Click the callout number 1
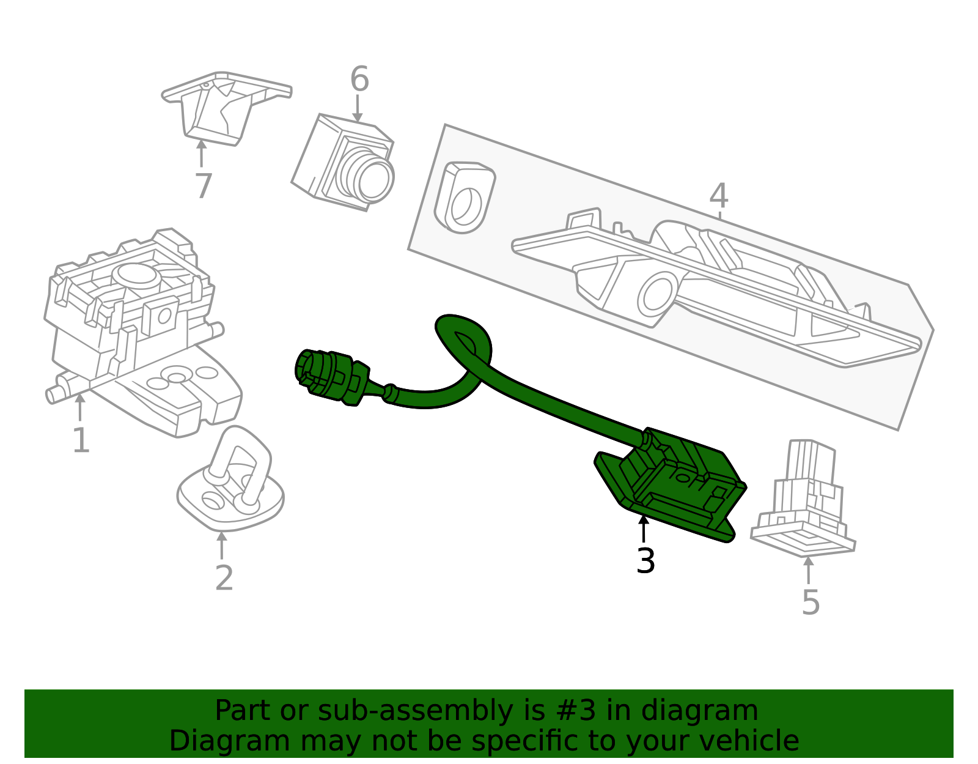[81, 440]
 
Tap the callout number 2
[224, 578]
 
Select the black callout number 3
[645, 561]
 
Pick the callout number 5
[811, 602]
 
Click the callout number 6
[359, 80]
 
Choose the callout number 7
[204, 186]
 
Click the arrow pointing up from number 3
[644, 530]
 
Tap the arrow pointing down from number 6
[358, 108]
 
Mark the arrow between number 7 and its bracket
[201, 154]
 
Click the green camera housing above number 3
[670, 484]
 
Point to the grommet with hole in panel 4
[465, 198]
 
